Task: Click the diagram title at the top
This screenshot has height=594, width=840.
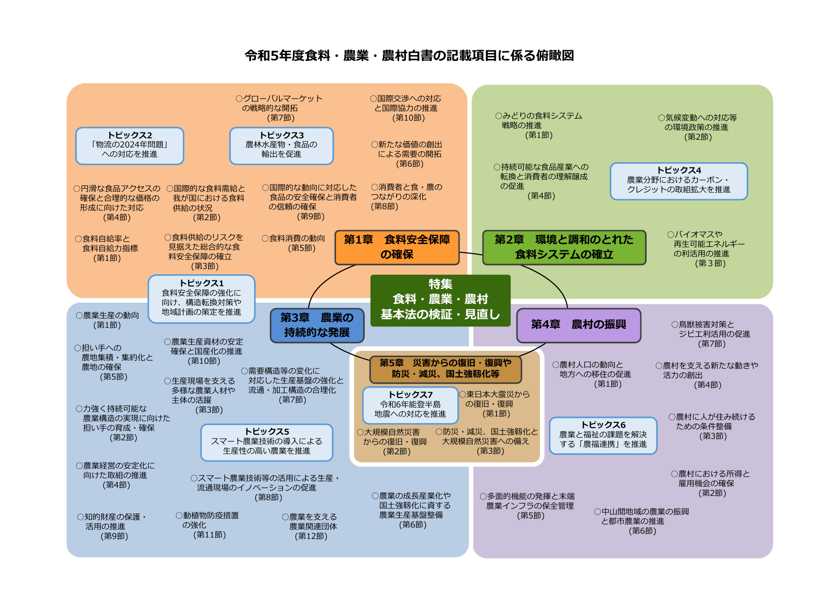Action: pyautogui.click(x=409, y=56)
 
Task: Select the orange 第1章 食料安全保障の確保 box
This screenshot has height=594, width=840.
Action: pyautogui.click(x=397, y=247)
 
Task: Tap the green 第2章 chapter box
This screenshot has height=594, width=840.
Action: pyautogui.click(x=564, y=247)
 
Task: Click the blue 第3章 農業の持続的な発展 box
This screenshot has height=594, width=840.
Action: pyautogui.click(x=317, y=325)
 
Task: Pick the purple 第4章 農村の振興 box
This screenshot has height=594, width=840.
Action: pyautogui.click(x=578, y=325)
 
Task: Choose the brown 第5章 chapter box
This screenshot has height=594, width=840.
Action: pyautogui.click(x=445, y=369)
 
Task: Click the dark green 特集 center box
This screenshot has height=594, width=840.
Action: pyautogui.click(x=440, y=300)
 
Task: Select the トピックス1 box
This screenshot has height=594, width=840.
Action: pyautogui.click(x=202, y=298)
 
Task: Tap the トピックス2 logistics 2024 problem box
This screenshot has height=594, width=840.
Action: pyautogui.click(x=130, y=146)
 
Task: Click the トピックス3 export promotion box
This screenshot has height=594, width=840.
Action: pyautogui.click(x=281, y=146)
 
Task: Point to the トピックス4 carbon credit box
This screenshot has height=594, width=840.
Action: pyautogui.click(x=679, y=180)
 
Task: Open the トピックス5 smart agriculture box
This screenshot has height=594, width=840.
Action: pyautogui.click(x=267, y=442)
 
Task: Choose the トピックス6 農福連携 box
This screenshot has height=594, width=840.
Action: pyautogui.click(x=603, y=435)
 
